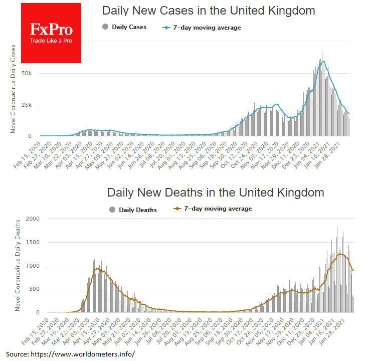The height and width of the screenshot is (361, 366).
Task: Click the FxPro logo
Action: (x=52, y=33)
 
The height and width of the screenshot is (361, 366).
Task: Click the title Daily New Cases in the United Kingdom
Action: (x=209, y=11)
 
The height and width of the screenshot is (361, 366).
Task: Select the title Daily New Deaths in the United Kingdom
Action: (x=216, y=193)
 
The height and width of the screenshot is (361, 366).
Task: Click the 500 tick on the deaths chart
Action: (x=33, y=289)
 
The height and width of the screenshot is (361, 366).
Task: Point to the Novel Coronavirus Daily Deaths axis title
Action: (x=18, y=265)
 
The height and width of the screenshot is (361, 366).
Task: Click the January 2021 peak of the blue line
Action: (x=324, y=61)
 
